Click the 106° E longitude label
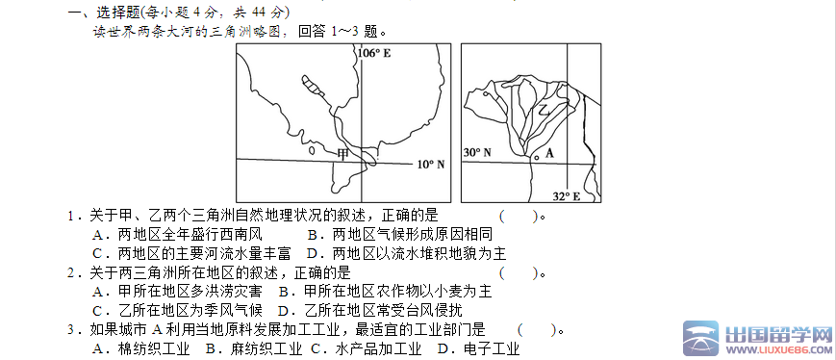(375, 53)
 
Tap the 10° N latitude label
(430, 165)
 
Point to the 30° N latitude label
(476, 153)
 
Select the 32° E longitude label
(567, 196)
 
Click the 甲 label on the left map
(342, 154)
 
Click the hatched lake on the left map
(312, 89)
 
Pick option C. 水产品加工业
(366, 348)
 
